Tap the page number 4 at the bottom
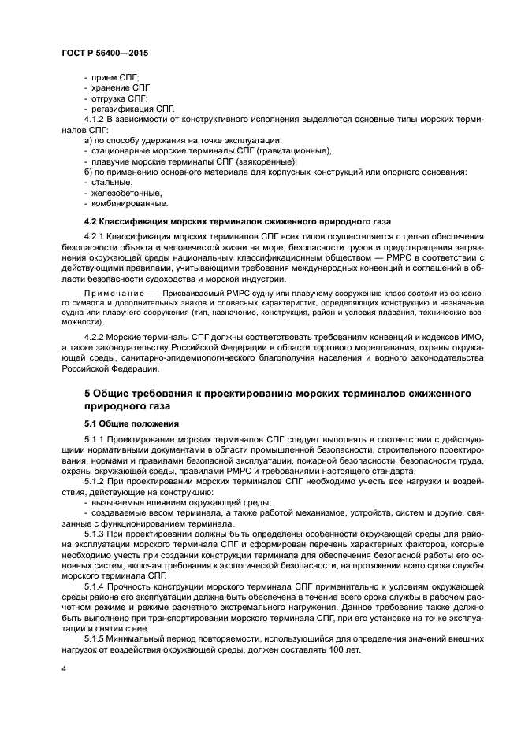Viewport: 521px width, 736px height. [62, 666]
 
